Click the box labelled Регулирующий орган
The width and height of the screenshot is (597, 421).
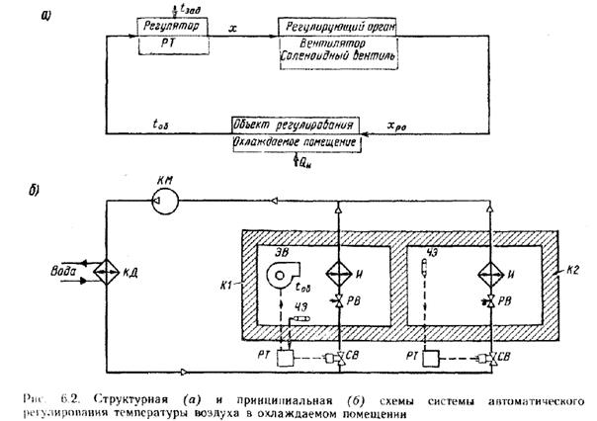[x=338, y=24]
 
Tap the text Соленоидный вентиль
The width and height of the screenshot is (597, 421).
[x=339, y=56]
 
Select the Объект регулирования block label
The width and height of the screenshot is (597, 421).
[x=295, y=126]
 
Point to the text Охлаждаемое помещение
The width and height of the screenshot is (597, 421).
[x=295, y=144]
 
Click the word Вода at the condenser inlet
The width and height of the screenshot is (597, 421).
[x=58, y=267]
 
